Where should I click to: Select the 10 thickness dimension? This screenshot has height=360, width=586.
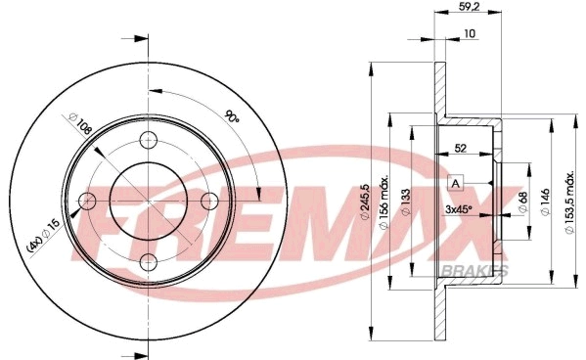470,35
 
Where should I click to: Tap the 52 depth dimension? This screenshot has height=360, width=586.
459,150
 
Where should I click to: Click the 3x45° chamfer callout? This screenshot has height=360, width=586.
458,208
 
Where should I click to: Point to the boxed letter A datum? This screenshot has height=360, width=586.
455,184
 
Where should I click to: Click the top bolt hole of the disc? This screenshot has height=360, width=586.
148,139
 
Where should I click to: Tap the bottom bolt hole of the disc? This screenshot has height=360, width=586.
148,261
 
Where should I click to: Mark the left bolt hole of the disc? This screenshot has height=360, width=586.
86,201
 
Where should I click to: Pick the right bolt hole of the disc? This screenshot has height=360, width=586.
208,201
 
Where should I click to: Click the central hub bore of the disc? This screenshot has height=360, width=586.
148,201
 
